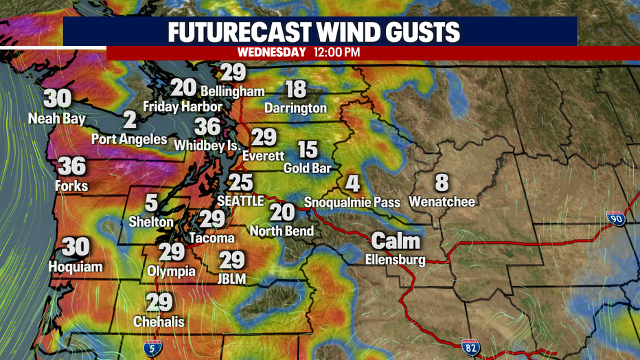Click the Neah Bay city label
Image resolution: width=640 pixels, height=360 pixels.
tap(57, 119)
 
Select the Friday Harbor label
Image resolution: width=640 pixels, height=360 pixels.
tap(183, 106)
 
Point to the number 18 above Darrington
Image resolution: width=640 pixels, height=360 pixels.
tap(295, 89)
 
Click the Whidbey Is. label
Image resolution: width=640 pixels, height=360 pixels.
tap(208, 146)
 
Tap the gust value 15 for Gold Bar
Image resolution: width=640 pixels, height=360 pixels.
tap(308, 148)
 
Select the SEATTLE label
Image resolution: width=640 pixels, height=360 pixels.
tap(240, 201)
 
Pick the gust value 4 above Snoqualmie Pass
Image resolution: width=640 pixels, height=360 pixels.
tap(352, 183)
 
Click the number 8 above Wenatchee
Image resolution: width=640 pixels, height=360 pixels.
tap(442, 182)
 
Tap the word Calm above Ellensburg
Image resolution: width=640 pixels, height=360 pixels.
tap(396, 241)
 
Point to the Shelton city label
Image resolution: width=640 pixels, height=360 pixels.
tap(151, 222)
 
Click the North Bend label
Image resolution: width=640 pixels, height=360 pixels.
tap(282, 231)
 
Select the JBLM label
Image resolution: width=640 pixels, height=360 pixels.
tap(232, 278)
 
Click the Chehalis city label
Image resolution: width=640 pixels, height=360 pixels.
tap(158, 321)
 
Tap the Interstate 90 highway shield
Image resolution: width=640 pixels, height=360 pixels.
tap(615, 218)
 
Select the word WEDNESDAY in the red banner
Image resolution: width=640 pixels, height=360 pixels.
tap(271, 52)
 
